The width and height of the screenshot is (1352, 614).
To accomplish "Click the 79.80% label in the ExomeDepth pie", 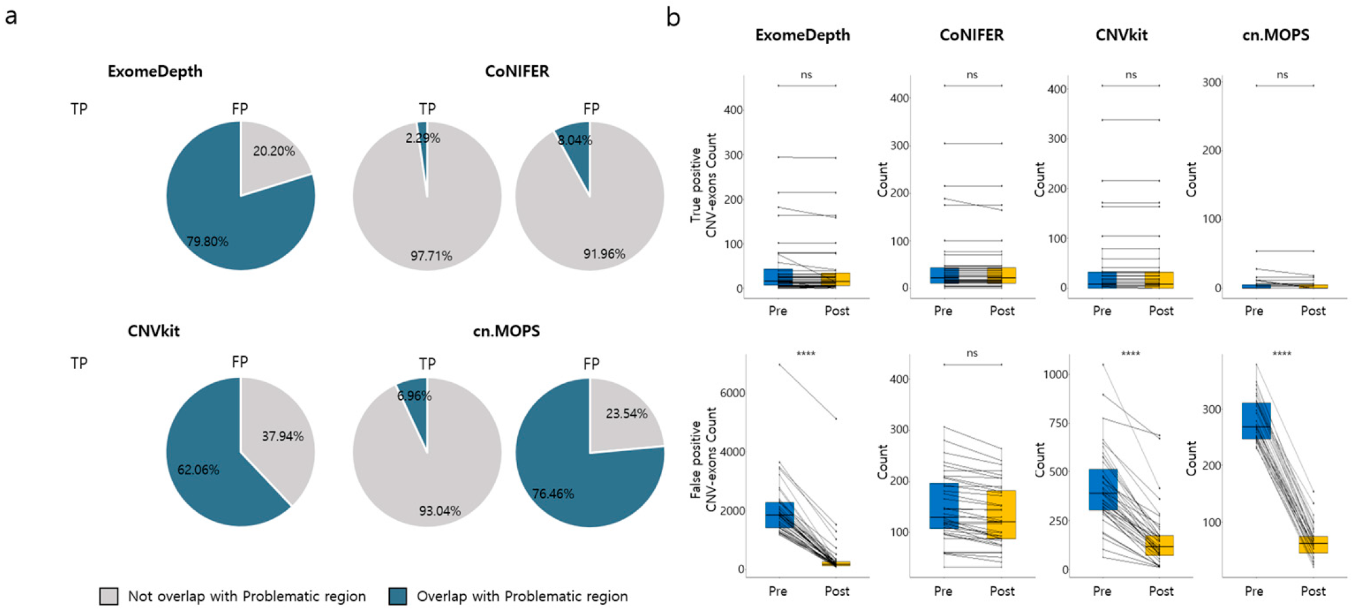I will pyautogui.click(x=208, y=242).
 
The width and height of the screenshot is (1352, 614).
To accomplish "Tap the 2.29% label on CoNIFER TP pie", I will pyautogui.click(x=423, y=139).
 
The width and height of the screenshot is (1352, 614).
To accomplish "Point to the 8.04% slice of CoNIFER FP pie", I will pyautogui.click(x=576, y=146).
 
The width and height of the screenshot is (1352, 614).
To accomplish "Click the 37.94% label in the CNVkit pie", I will pyautogui.click(x=282, y=436).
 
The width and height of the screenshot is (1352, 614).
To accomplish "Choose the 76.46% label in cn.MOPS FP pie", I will pyautogui.click(x=553, y=494).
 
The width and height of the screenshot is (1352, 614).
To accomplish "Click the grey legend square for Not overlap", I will pyautogui.click(x=109, y=597).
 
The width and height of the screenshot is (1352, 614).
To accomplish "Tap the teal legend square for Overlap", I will pyautogui.click(x=398, y=597).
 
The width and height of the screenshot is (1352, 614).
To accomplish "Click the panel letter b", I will pyautogui.click(x=673, y=17).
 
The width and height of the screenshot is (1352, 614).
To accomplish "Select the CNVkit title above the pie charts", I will pyautogui.click(x=154, y=331).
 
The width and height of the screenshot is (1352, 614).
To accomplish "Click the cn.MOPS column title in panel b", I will pyautogui.click(x=1276, y=35).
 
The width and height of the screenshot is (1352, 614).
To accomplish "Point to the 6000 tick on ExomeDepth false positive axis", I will pyautogui.click(x=732, y=393).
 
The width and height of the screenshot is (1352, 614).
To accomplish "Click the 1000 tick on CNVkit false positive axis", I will pyautogui.click(x=1055, y=375).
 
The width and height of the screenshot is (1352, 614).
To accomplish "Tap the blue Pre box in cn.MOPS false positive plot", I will pyautogui.click(x=1256, y=421).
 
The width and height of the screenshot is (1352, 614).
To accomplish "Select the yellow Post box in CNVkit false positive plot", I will pyautogui.click(x=1159, y=545).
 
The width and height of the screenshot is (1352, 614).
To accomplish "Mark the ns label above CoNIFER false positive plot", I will pyautogui.click(x=972, y=354).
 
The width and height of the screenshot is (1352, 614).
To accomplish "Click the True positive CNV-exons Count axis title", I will pyautogui.click(x=703, y=185).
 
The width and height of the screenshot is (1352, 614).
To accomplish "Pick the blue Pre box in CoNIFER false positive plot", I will pyautogui.click(x=944, y=505).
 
